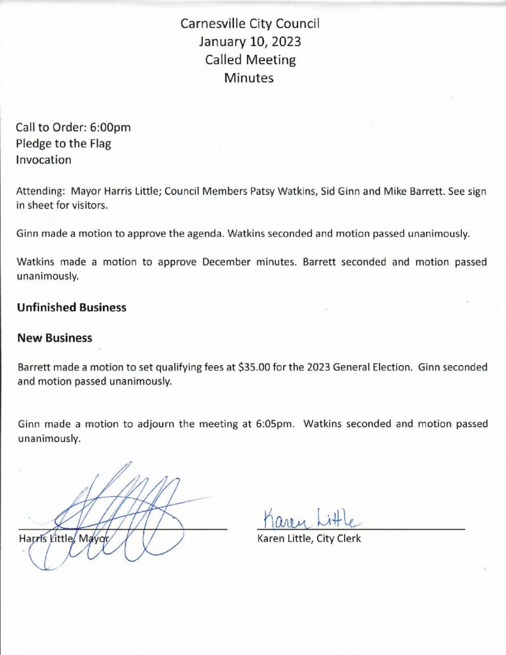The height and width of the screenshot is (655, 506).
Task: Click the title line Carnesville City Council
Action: tap(249, 24)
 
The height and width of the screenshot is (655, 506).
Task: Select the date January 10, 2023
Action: tap(249, 42)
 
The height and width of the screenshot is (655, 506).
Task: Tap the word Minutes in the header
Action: tap(249, 78)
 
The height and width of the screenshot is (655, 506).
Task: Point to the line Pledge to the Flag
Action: tap(64, 143)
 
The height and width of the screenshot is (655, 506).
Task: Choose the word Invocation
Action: tap(44, 160)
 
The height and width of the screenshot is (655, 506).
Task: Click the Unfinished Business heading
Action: tap(72, 307)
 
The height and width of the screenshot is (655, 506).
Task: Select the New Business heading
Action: tap(54, 338)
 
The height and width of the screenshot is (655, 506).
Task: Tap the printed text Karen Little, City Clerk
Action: tap(309, 539)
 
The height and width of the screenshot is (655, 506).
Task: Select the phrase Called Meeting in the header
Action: tap(250, 60)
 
